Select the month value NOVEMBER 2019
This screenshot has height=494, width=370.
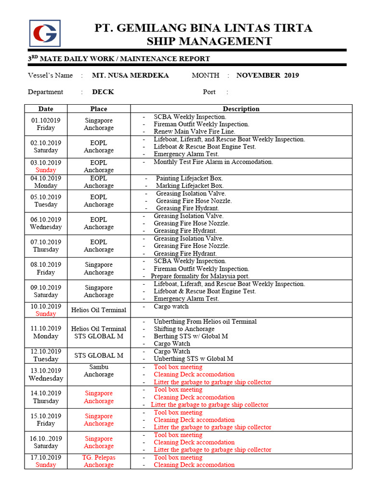[267, 75]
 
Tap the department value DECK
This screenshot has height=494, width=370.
[103, 92]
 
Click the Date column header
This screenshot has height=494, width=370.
[46, 109]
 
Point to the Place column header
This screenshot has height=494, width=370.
[99, 109]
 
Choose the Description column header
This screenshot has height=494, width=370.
[241, 109]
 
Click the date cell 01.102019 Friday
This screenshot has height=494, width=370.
[46, 124]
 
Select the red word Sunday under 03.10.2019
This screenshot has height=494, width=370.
[46, 170]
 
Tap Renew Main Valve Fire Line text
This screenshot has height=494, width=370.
[194, 131]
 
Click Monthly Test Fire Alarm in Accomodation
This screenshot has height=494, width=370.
[213, 162]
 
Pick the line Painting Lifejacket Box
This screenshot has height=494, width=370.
[189, 178]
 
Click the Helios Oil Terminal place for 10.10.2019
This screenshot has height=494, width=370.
[99, 310]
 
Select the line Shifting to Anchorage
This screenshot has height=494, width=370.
[184, 329]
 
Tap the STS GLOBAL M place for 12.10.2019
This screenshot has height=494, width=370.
[99, 356]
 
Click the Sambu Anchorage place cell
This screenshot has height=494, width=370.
[99, 370]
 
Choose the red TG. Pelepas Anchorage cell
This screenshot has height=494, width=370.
[99, 461]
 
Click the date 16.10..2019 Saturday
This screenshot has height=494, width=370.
[46, 442]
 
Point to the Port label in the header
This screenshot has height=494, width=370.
[209, 92]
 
